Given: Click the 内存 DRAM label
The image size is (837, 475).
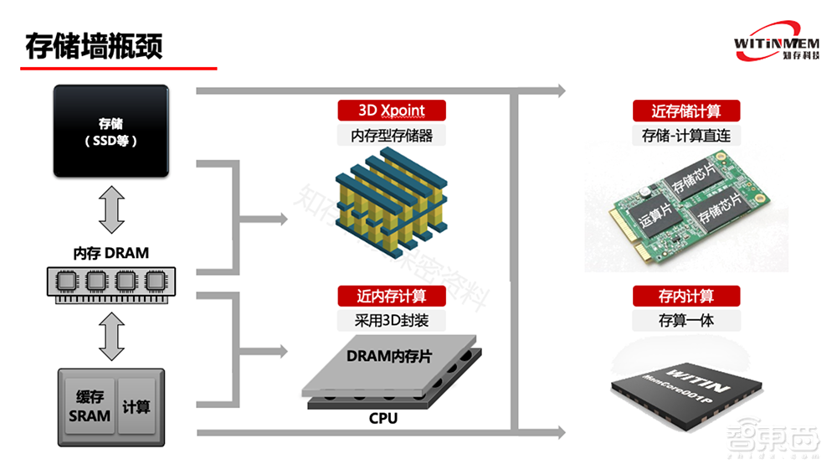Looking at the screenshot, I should [111, 254].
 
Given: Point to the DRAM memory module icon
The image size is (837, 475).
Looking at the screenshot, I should [111, 281].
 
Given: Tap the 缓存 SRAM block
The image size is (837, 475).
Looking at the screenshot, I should [90, 406].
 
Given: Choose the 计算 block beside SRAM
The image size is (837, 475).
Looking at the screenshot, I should [136, 406].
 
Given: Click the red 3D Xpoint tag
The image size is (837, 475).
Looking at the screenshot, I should [391, 110].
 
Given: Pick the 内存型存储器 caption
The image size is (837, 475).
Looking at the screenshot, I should [391, 134].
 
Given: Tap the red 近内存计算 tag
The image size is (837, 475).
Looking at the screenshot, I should [391, 296].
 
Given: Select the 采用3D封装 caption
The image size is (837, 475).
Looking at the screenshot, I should [391, 319].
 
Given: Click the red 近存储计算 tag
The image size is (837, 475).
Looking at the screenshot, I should [686, 111].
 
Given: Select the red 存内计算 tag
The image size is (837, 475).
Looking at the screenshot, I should [686, 296].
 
